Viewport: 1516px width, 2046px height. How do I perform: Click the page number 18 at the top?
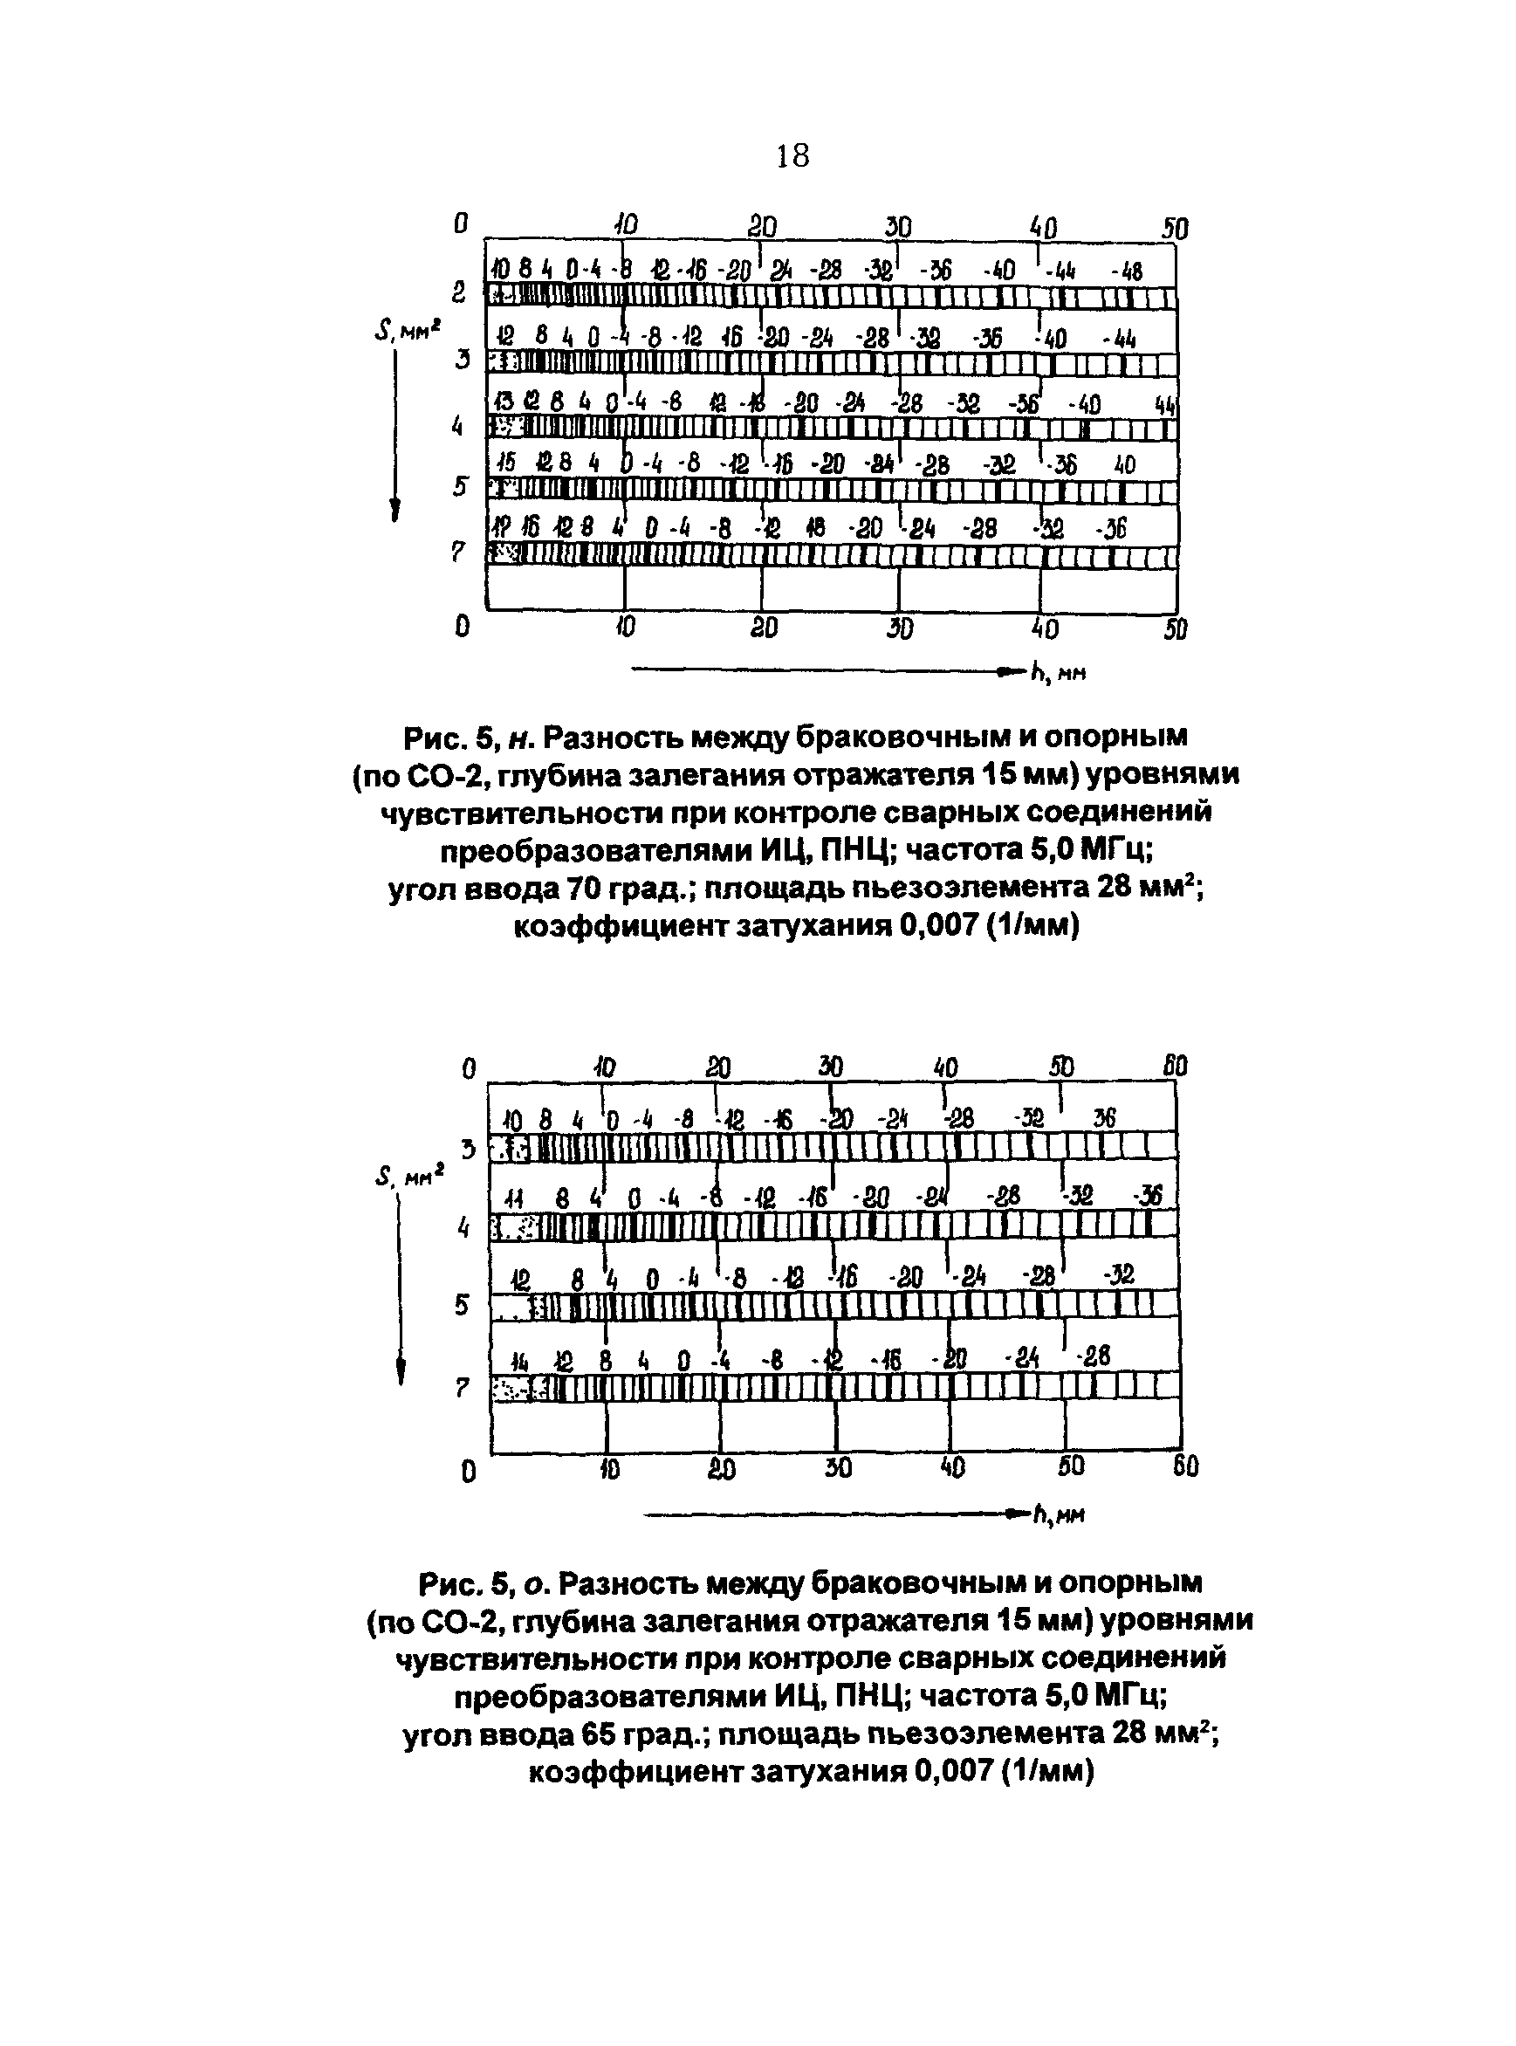click(792, 157)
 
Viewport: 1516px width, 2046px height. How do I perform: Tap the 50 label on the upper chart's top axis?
click(1175, 229)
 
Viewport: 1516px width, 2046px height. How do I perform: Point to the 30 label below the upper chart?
click(899, 628)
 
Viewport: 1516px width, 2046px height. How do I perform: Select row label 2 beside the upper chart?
click(459, 292)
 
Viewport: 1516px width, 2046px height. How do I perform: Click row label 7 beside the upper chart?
click(459, 553)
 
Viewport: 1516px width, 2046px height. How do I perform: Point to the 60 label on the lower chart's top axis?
click(1175, 1067)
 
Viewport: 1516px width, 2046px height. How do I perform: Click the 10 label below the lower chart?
click(608, 1470)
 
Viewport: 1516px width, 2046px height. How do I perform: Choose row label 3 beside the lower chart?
click(469, 1149)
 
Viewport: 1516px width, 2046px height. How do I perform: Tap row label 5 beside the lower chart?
click(463, 1304)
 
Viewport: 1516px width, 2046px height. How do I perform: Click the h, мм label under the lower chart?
click(1060, 1514)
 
